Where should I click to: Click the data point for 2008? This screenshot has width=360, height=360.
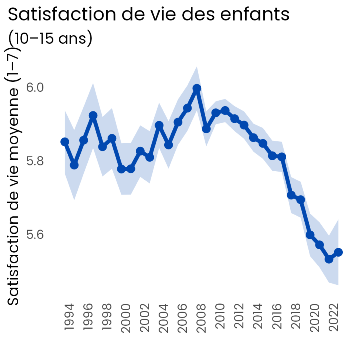[x=197, y=88]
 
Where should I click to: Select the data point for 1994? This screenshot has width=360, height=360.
[x=65, y=142]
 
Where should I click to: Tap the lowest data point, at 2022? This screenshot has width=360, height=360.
[x=329, y=259]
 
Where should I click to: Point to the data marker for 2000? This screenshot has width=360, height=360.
[x=121, y=169]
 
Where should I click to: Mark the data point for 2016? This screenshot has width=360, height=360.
[x=272, y=156]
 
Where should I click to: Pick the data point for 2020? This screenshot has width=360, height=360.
[x=310, y=235]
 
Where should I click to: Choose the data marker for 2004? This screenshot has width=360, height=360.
[x=159, y=125]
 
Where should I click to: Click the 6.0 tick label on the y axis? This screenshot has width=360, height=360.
[x=35, y=88]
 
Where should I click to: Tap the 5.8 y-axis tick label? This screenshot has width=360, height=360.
[x=35, y=161]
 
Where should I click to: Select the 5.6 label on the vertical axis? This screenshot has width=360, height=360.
[x=35, y=235]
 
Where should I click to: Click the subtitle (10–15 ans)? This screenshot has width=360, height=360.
[x=50, y=38]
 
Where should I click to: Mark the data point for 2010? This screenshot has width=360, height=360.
[x=216, y=113]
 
